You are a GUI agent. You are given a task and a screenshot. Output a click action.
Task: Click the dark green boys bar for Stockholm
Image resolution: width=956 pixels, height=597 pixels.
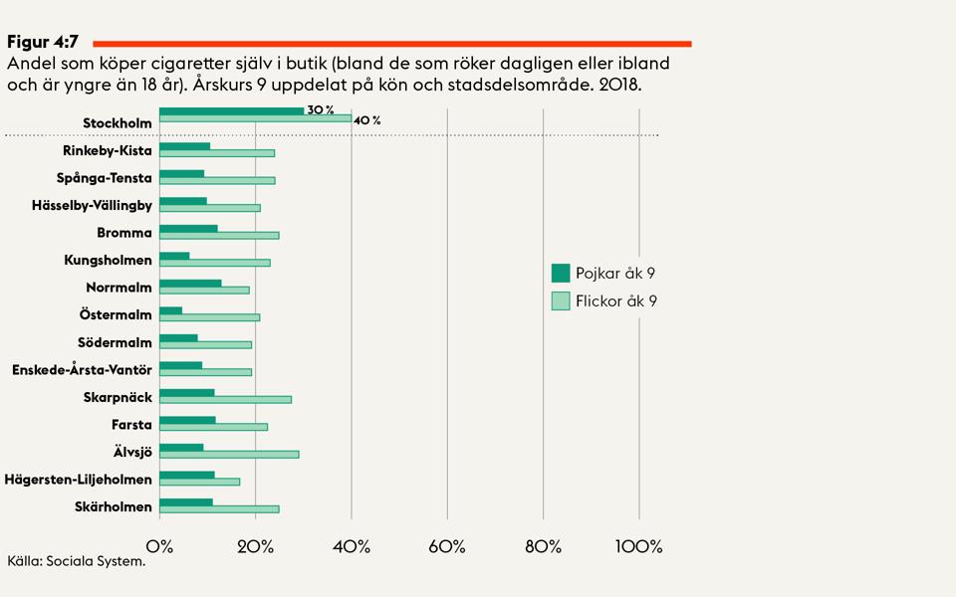[231, 110]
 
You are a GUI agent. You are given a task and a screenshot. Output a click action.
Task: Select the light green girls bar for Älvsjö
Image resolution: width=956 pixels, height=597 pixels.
[229, 454]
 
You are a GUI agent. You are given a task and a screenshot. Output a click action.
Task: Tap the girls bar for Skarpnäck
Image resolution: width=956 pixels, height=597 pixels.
[225, 399]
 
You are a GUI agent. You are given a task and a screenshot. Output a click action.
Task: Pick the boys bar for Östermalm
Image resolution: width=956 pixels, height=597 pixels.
[170, 310]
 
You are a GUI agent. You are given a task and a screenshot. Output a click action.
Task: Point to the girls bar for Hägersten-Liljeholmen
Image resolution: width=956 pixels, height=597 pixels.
[199, 482]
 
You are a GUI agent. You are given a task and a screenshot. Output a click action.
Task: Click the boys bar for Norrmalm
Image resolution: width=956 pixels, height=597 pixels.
[190, 283]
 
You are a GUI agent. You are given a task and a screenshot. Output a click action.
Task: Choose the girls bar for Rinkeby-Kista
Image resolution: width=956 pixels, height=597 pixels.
[216, 152]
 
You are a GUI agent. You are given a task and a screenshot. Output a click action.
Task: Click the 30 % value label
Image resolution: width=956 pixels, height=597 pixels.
[321, 109]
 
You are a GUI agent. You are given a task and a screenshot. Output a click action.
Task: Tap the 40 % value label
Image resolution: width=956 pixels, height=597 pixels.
[367, 120]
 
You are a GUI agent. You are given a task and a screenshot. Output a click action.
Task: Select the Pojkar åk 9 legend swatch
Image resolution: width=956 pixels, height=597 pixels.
[560, 273]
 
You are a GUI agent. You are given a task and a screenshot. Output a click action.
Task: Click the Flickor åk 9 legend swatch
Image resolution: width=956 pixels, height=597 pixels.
[560, 300]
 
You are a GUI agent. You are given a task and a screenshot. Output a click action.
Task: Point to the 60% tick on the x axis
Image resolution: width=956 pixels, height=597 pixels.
[447, 546]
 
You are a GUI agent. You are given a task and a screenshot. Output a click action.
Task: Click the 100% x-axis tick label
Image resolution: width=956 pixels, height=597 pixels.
[638, 546]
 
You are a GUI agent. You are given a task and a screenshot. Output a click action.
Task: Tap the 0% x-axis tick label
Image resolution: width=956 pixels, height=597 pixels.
[159, 546]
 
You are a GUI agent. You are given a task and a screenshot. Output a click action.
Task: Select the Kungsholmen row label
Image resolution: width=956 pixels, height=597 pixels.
[108, 261]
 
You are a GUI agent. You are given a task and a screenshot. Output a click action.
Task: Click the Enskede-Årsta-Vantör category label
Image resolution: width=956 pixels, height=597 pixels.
[82, 370]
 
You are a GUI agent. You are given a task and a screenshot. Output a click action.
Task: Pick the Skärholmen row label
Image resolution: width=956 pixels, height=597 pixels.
[114, 507]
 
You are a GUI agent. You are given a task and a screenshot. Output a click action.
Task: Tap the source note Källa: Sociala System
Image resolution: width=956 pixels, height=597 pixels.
[76, 561]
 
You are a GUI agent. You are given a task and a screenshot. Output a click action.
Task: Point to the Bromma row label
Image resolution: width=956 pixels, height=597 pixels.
[124, 233]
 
